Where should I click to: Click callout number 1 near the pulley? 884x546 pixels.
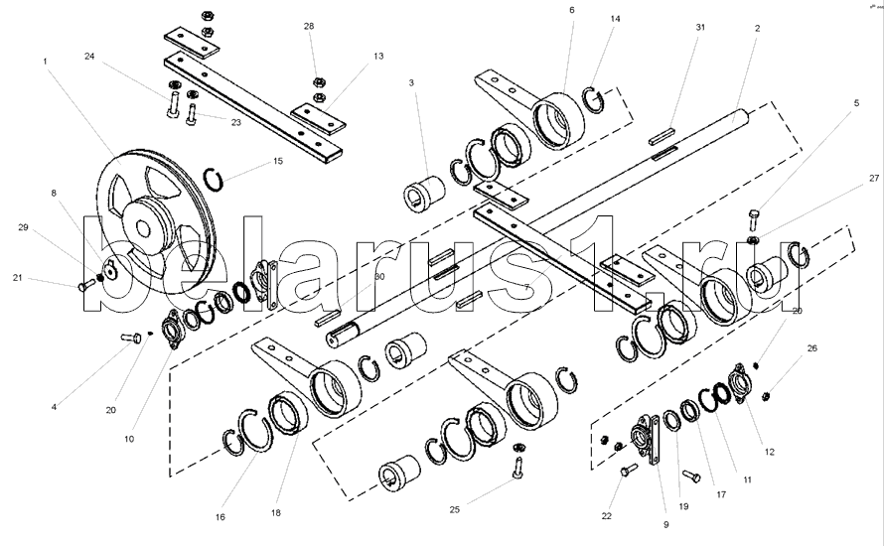tap(45, 62)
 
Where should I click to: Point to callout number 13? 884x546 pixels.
tap(378, 58)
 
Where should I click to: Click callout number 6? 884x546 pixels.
tap(572, 9)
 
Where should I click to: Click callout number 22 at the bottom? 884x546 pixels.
tap(606, 515)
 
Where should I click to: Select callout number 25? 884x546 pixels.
tap(454, 509)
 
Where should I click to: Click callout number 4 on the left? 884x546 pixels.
tap(55, 406)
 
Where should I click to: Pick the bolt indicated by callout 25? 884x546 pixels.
tap(517, 461)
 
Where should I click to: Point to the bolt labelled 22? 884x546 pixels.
tap(628, 474)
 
